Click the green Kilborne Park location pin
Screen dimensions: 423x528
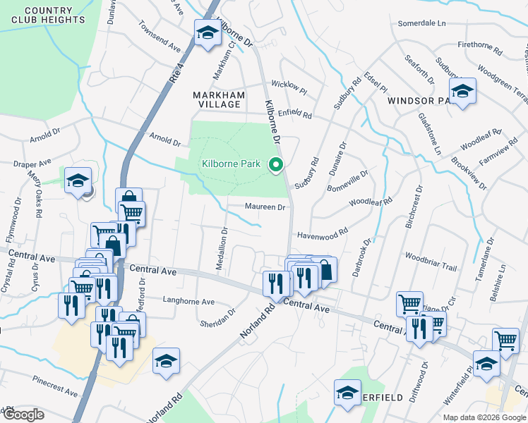277,165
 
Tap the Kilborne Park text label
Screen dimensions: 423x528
232,164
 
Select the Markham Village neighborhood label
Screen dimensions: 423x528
218,100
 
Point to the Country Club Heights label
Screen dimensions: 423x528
48,15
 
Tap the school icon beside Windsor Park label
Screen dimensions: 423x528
462,92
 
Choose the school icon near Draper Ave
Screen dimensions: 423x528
78,180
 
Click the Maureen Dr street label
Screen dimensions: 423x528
265,207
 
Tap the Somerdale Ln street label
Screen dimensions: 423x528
422,23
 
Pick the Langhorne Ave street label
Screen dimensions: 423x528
188,302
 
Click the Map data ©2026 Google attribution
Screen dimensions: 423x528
485,417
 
